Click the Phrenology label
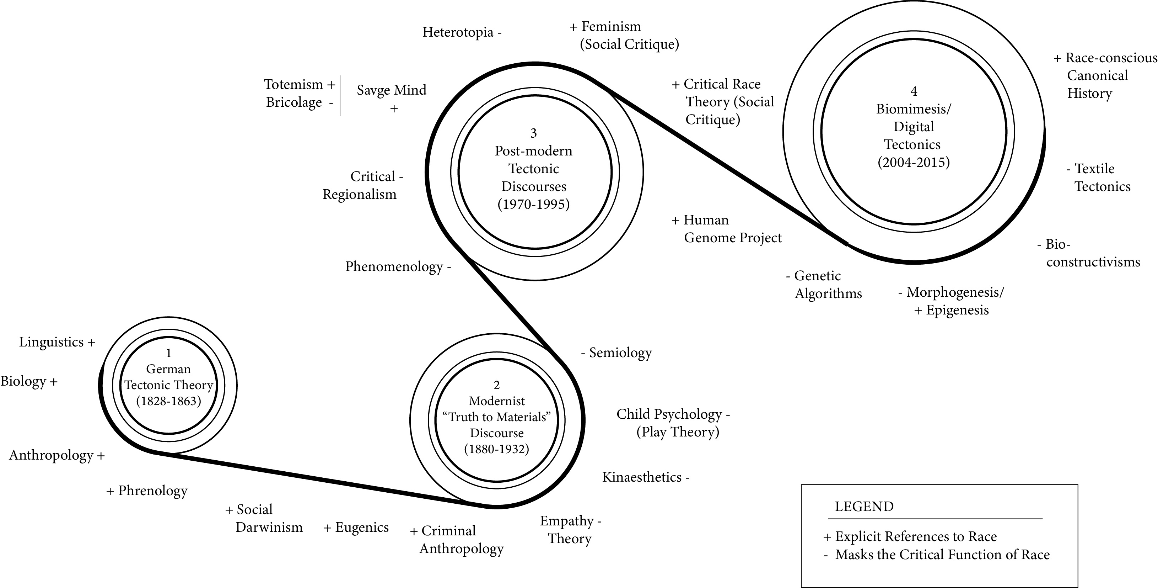pos(152,491)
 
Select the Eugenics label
pos(361,527)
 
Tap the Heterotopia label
pos(458,32)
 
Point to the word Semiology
pos(620,353)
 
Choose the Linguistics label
pos(51,342)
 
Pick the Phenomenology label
pos(394,267)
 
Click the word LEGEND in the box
pos(864,507)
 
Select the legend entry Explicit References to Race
pos(916,536)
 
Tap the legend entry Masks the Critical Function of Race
pos(942,555)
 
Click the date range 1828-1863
pos(168,401)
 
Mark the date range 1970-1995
pos(534,204)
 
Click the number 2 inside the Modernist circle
pos(496,385)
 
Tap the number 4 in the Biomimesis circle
pos(914,91)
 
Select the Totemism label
pos(293,85)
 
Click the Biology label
pos(23,381)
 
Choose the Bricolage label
pos(294,102)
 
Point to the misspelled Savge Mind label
pos(392,90)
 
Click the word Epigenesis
pos(958,311)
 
